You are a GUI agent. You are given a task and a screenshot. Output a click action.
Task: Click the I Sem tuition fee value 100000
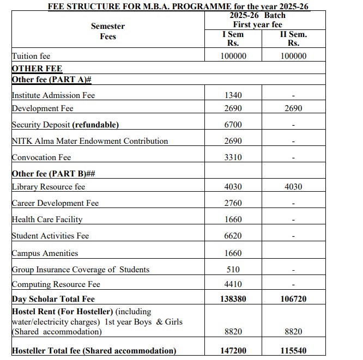[x=233, y=56]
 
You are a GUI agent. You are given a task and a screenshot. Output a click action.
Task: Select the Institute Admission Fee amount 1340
[x=233, y=95]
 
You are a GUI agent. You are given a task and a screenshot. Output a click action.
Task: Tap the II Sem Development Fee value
[x=293, y=108]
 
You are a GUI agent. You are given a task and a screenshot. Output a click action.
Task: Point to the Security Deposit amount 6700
[x=233, y=125]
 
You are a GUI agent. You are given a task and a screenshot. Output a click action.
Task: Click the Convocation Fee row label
[x=41, y=157]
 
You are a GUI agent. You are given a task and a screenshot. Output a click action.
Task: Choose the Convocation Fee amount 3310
[x=233, y=157]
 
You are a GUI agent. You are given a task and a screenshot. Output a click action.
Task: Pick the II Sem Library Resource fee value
[x=293, y=187]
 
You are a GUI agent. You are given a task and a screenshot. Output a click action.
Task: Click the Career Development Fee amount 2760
[x=233, y=203]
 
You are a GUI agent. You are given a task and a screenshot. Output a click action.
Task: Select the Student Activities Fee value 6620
[x=233, y=236]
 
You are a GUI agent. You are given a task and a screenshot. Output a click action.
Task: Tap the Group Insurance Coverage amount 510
[x=233, y=270]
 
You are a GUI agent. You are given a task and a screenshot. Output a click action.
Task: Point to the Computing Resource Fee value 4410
[x=233, y=284]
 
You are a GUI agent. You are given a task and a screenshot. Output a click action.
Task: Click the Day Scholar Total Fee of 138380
[x=233, y=299]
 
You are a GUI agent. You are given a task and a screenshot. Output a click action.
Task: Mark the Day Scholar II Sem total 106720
[x=293, y=299]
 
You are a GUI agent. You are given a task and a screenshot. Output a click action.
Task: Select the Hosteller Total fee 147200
[x=233, y=351]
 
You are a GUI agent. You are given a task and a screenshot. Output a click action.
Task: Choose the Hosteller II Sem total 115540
[x=293, y=351]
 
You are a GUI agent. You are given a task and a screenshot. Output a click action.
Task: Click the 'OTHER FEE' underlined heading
[x=37, y=69]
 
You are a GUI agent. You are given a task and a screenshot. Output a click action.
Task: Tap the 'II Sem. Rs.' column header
[x=293, y=39]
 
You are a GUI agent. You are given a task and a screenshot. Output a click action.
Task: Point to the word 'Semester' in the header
[x=108, y=26]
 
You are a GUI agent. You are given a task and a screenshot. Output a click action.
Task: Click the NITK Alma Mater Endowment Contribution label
[x=90, y=141]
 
